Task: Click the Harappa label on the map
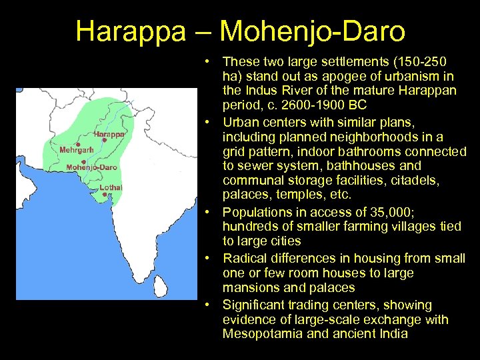click(x=109, y=134)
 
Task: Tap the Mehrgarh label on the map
click(x=77, y=150)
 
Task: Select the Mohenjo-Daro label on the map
click(x=92, y=167)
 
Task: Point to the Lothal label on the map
click(x=111, y=187)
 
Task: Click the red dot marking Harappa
click(x=105, y=141)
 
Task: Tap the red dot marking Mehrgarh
click(x=77, y=144)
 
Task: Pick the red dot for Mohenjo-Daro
click(x=83, y=161)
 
